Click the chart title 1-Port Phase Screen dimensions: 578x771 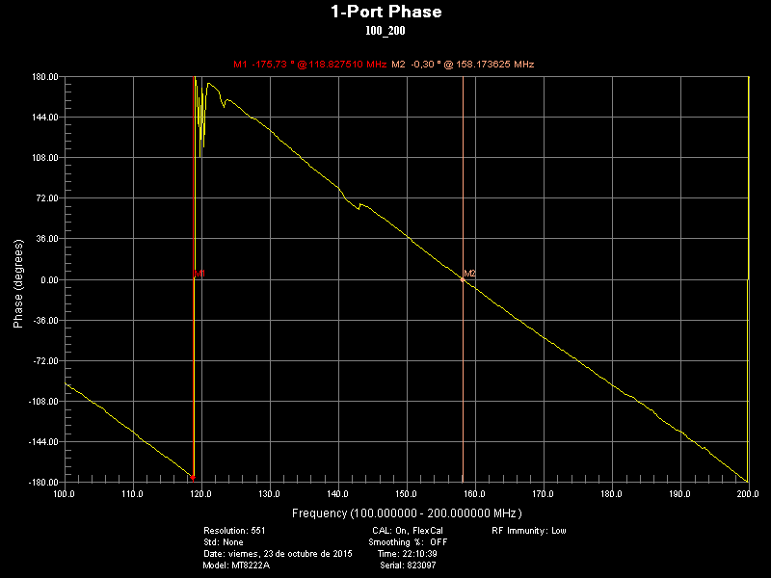point(385,13)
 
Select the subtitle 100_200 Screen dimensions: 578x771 point(385,31)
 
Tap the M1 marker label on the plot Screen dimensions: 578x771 point(199,275)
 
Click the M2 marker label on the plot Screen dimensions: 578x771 point(470,275)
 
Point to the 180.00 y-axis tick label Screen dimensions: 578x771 point(46,77)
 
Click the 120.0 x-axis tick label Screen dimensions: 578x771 point(201,494)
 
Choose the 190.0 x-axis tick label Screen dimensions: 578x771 point(680,494)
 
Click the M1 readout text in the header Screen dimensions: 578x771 point(309,65)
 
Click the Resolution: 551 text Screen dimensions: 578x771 point(234,531)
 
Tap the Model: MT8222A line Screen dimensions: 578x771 point(237,565)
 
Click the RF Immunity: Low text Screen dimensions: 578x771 point(528,531)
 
